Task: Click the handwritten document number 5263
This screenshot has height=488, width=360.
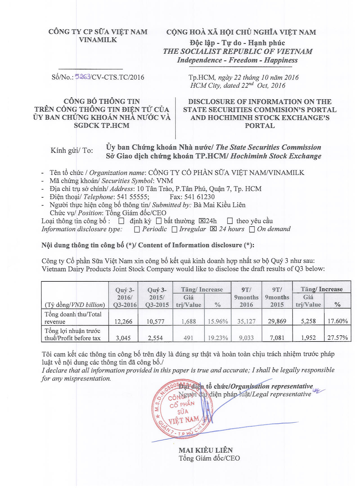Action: click(x=82, y=76)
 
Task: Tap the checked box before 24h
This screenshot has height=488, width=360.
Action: click(x=202, y=221)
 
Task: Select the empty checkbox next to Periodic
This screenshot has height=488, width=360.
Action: click(x=137, y=229)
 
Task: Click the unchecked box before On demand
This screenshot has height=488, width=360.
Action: click(x=252, y=229)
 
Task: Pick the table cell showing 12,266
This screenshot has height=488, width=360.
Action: click(x=123, y=321)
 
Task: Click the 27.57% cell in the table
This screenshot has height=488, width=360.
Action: click(x=337, y=338)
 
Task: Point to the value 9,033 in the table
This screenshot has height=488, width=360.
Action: click(x=246, y=338)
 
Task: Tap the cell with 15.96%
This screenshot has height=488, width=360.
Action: click(x=218, y=321)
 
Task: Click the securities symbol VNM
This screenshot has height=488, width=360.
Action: click(x=165, y=181)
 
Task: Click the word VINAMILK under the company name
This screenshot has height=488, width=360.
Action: click(x=98, y=40)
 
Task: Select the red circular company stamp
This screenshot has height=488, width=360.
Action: click(x=182, y=408)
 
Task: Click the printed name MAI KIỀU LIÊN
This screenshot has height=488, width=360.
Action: click(x=206, y=450)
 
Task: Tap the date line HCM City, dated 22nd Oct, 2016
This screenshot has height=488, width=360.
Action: click(x=238, y=85)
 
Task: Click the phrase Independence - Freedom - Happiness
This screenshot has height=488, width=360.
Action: click(x=237, y=60)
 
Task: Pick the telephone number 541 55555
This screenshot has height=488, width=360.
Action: click(x=132, y=197)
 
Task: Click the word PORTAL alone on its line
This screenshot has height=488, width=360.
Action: click(x=260, y=126)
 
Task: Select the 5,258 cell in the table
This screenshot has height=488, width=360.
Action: click(x=308, y=321)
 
